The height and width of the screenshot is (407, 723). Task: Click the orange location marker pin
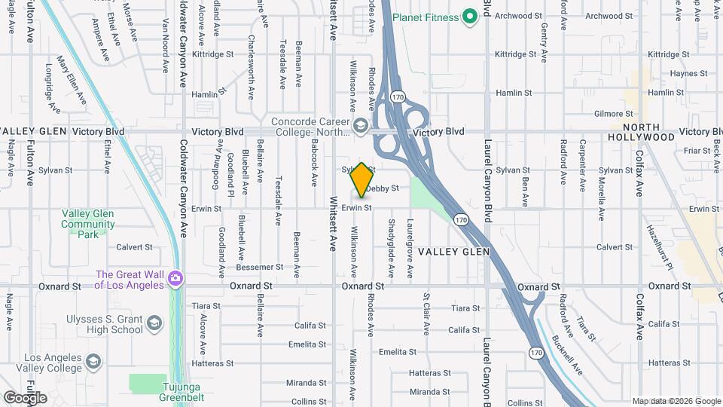click(361, 179)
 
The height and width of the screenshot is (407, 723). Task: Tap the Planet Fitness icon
click(471, 16)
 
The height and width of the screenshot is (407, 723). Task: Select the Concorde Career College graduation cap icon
click(361, 124)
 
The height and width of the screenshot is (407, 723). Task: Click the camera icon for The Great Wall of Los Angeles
click(175, 280)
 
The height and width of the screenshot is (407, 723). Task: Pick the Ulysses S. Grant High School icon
click(154, 323)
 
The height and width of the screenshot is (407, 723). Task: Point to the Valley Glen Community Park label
click(87, 224)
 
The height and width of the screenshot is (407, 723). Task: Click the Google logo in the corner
click(24, 398)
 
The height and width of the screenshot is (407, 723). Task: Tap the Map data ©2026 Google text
click(676, 401)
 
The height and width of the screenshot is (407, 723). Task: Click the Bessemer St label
click(258, 267)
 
